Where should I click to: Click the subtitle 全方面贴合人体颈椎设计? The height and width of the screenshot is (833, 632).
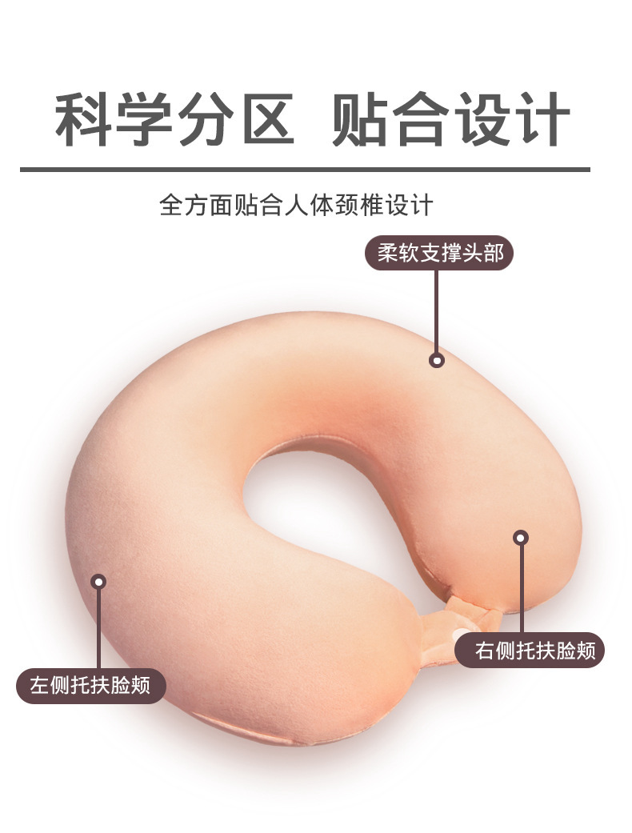pyautogui.click(x=296, y=205)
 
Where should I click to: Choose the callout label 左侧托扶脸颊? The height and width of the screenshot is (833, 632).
pyautogui.click(x=90, y=687)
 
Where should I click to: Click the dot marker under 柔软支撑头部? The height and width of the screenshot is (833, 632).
pyautogui.click(x=437, y=360)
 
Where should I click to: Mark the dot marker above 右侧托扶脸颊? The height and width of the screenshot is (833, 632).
pyautogui.click(x=521, y=539)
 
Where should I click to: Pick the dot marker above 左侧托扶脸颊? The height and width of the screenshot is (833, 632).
pyautogui.click(x=99, y=582)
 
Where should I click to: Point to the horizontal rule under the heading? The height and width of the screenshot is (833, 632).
pyautogui.click(x=304, y=170)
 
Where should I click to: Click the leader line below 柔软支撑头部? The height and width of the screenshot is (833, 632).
pyautogui.click(x=437, y=312)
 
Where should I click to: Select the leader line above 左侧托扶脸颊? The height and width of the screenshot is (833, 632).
pyautogui.click(x=99, y=628)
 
